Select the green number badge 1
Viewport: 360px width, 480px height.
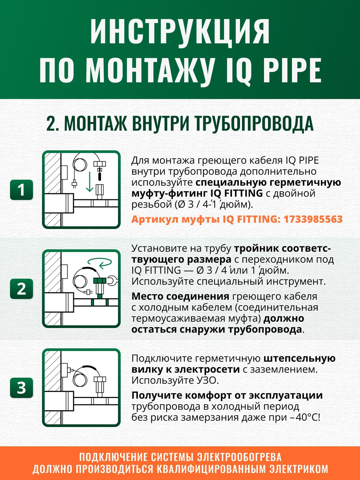click(21, 190)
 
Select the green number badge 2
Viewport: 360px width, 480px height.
click(21, 289)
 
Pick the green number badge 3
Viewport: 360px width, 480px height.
click(21, 388)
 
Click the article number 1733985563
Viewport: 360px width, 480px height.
click(313, 219)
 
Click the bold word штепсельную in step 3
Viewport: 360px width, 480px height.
click(299, 358)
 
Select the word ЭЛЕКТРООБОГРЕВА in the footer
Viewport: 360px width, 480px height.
click(239, 457)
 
